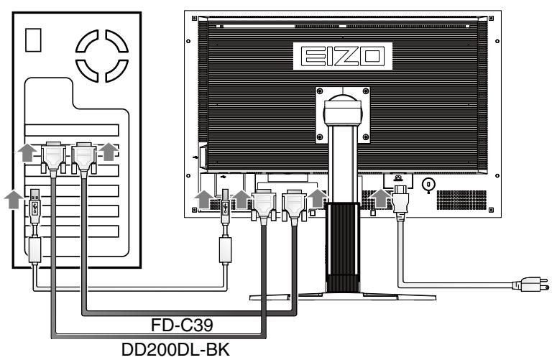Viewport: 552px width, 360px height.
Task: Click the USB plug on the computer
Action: tap(35, 205)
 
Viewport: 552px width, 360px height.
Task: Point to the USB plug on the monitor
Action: tap(224, 205)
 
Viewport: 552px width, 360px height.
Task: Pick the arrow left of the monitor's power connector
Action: tap(379, 197)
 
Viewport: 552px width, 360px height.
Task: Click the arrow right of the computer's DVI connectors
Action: tap(108, 150)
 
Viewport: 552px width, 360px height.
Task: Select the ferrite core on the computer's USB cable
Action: tap(35, 249)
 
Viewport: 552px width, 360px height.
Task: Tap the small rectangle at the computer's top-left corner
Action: tap(32, 42)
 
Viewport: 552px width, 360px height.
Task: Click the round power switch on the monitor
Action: tap(429, 183)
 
